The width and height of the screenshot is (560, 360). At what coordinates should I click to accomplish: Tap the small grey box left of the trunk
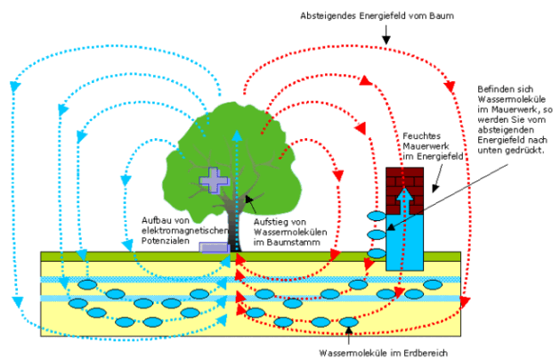[214, 247]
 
